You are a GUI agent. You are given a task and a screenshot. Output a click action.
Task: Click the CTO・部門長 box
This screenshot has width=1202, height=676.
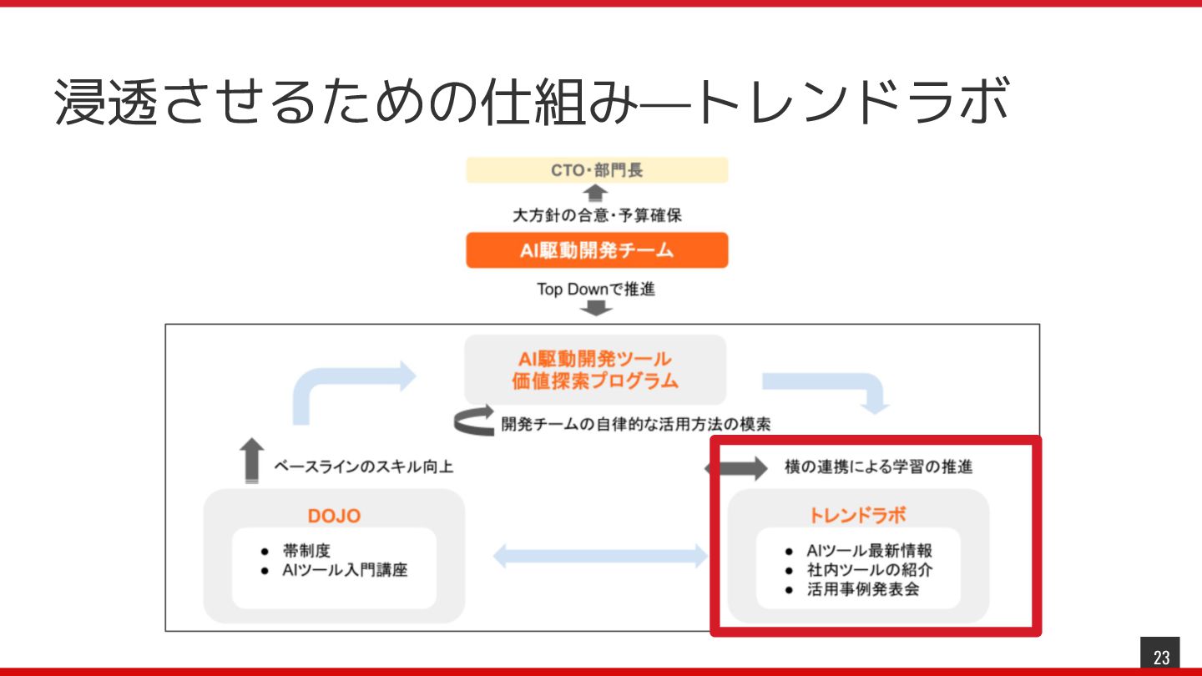pos(597,170)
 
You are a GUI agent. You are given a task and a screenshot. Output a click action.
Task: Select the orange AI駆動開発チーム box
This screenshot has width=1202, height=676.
pos(597,250)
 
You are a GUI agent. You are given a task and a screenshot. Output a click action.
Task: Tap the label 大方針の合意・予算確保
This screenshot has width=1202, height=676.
pos(597,215)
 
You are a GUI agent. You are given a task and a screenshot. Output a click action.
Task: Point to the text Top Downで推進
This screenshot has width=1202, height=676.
pos(596,290)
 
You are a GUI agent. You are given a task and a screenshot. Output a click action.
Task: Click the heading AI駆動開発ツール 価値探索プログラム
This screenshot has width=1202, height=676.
pos(595,371)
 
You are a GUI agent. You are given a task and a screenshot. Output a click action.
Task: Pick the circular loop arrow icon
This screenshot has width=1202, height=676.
pos(474,422)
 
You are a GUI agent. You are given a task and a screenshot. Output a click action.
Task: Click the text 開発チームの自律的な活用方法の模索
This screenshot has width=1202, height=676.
pos(635,424)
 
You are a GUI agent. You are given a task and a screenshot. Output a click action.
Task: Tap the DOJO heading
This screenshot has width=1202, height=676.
pos(334,516)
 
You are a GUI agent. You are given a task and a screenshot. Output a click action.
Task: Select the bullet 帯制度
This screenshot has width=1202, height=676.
pos(307,552)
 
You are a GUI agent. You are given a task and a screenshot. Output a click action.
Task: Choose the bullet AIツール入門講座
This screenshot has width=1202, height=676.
pos(345,572)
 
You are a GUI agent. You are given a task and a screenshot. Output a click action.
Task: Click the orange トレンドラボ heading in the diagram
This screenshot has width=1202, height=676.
pos(857,515)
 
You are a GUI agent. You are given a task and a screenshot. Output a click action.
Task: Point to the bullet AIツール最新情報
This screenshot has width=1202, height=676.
pos(869,551)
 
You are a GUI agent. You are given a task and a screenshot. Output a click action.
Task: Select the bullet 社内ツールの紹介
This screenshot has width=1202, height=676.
pos(869,571)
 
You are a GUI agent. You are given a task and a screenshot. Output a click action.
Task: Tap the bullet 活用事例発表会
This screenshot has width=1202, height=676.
pos(862,590)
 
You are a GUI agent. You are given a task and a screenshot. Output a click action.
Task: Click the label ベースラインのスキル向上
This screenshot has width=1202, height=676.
pos(364,467)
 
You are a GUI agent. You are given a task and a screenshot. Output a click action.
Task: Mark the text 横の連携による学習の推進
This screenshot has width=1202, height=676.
pos(879,467)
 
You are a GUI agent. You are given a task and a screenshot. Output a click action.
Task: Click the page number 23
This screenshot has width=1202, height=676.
pos(1161,658)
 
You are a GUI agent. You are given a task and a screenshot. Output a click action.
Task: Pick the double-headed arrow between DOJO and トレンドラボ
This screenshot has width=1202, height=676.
pos(599,556)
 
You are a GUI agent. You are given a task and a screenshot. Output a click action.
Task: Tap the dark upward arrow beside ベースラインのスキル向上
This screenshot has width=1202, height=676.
pos(251,460)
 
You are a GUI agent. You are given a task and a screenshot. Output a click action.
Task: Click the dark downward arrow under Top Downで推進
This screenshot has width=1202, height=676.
pos(596,310)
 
